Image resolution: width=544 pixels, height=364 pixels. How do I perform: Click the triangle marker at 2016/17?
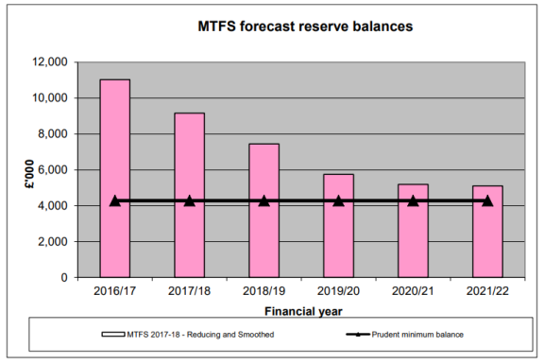point(114,200)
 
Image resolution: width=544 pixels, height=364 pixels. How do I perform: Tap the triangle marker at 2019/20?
point(338,200)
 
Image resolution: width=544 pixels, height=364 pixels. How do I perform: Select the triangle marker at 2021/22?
point(487,200)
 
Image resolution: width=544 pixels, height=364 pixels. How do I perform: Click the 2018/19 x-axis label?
point(263,292)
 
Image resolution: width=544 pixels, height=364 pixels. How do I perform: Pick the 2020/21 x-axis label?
point(413,292)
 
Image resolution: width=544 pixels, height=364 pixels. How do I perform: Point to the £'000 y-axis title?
point(31,170)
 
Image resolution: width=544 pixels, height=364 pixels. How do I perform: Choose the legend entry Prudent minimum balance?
point(416,334)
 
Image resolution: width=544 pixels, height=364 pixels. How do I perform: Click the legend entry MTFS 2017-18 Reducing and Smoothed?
point(194,334)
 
